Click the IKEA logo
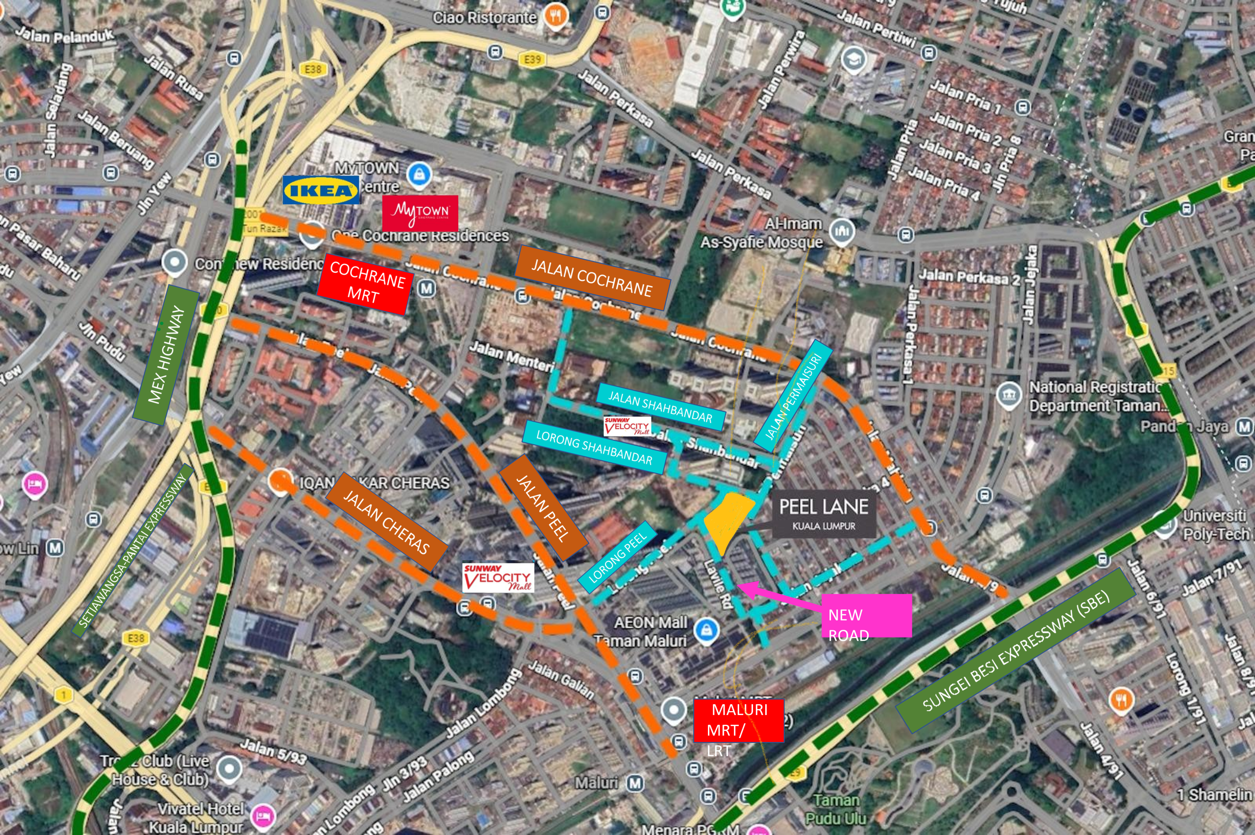coord(321,190)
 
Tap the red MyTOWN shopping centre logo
coord(420,213)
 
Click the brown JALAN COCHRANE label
coord(592,278)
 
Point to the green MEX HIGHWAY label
coord(166,355)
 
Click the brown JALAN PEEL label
coord(544,508)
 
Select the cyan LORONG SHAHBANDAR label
coord(594,447)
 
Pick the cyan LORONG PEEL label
coord(617,557)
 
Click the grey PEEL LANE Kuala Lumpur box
coord(824,513)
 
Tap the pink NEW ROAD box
coord(865,616)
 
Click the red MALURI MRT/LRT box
coord(739,720)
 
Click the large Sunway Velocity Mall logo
coord(498,578)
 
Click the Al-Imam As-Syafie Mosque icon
coord(841,232)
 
